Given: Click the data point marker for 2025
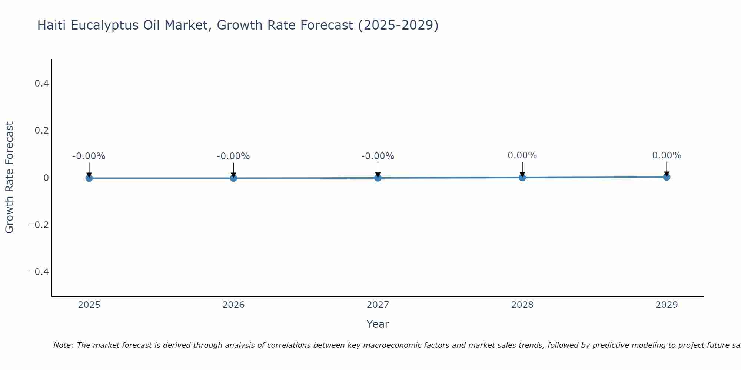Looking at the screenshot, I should point(89,178).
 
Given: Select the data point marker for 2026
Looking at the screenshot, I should point(233,178).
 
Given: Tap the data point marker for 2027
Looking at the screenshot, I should point(378,178).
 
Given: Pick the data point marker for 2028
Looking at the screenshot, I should point(522,177).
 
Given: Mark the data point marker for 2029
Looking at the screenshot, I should point(667,177).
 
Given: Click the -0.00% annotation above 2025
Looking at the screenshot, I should point(89,156).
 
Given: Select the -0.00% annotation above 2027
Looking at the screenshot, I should point(378,156).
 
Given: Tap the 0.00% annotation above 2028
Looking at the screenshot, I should point(522,155).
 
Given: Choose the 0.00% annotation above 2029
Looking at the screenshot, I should point(667,155).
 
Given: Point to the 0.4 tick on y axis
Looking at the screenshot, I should point(41,84).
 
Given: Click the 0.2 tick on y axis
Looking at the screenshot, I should point(41,131).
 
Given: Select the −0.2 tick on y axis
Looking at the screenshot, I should point(39,225).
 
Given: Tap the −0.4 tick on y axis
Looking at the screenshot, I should point(39,272).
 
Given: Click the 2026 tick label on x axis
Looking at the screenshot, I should point(233,305).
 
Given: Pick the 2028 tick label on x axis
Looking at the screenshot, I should point(522,305).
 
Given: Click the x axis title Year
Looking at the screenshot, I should point(378,324).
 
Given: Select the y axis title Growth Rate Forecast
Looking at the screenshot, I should point(9,178).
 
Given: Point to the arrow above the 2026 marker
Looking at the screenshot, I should point(233,169).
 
